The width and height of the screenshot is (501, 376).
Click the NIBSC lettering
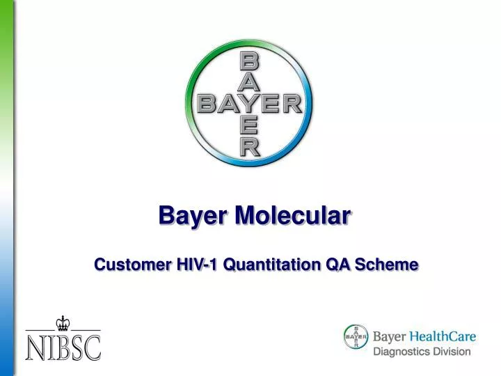pyautogui.click(x=63, y=347)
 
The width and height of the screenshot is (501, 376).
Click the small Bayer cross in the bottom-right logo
pyautogui.click(x=356, y=337)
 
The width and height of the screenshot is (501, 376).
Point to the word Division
pyautogui.click(x=453, y=352)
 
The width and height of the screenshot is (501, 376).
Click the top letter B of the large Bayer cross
pyautogui.click(x=249, y=62)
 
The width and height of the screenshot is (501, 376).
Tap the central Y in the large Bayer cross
pyautogui.click(x=249, y=104)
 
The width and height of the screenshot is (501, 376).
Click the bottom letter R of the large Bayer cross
pyautogui.click(x=249, y=147)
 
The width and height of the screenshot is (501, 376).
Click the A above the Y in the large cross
pyautogui.click(x=249, y=83)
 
